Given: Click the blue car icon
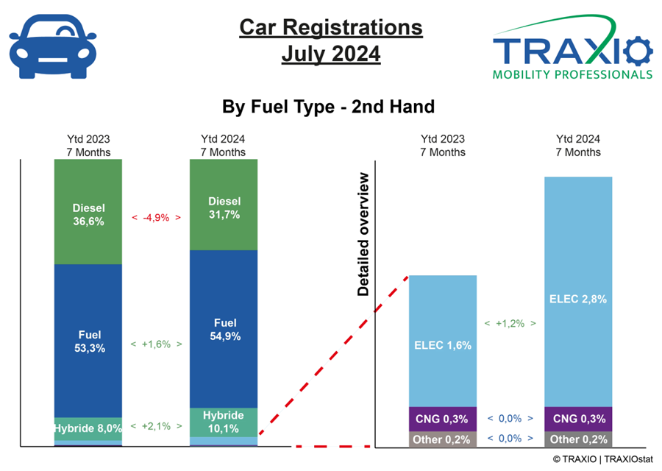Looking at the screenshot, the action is pyautogui.click(x=53, y=46).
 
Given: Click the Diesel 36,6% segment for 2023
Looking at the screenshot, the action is pyautogui.click(x=88, y=212).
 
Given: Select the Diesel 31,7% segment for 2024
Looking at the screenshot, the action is pyautogui.click(x=224, y=205).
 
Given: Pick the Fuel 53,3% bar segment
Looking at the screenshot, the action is pyautogui.click(x=88, y=341).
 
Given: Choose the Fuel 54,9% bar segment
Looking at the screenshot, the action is pyautogui.click(x=224, y=329).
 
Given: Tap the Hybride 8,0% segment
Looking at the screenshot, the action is pyautogui.click(x=88, y=429).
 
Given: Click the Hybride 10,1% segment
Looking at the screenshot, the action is pyautogui.click(x=224, y=422).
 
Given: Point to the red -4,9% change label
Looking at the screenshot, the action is pyautogui.click(x=156, y=218).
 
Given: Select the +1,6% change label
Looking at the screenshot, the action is pyautogui.click(x=156, y=344).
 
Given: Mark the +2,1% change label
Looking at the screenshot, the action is pyautogui.click(x=156, y=426).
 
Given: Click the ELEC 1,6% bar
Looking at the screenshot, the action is pyautogui.click(x=443, y=341).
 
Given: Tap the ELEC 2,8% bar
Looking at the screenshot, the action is pyautogui.click(x=578, y=292).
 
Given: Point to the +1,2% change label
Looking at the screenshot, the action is pyautogui.click(x=510, y=324).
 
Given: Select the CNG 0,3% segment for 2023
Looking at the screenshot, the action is pyautogui.click(x=443, y=419).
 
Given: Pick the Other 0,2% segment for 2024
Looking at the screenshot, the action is pyautogui.click(x=578, y=439).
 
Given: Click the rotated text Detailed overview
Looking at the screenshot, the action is pyautogui.click(x=363, y=234).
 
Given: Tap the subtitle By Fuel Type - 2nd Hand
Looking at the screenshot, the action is pyautogui.click(x=329, y=107).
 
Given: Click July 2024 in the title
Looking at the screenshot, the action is pyautogui.click(x=331, y=54).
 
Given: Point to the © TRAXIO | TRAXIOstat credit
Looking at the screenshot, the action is pyautogui.click(x=603, y=459).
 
